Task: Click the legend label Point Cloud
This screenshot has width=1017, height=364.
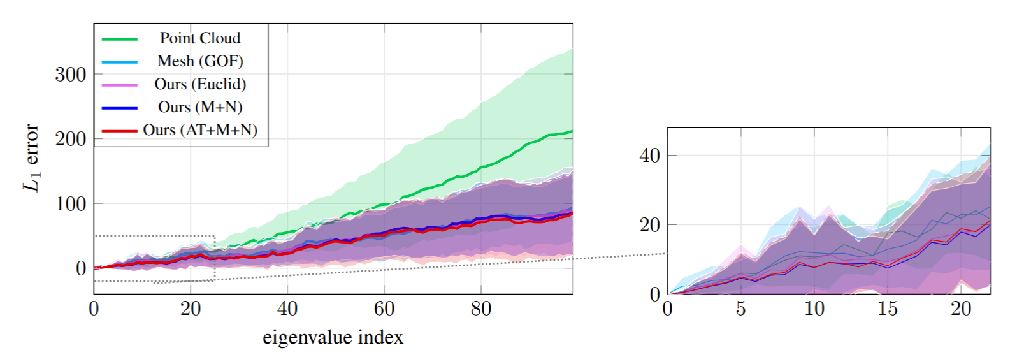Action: (199, 38)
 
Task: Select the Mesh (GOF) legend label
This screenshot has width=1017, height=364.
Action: (200, 61)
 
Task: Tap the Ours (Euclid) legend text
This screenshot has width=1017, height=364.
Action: (200, 84)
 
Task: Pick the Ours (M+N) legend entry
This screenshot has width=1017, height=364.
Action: (200, 107)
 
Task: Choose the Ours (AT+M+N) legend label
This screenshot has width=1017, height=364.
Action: (200, 130)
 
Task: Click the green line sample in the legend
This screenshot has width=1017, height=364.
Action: (120, 39)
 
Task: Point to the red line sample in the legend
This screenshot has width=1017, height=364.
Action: (120, 131)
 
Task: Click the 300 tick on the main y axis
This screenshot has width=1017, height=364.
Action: (71, 75)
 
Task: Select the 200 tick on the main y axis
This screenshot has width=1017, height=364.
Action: (71, 139)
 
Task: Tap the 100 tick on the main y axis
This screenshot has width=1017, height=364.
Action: (71, 204)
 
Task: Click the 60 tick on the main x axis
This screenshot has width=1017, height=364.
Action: (384, 309)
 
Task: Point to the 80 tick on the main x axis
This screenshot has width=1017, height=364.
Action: (480, 309)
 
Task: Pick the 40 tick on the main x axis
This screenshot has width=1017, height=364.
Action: (287, 309)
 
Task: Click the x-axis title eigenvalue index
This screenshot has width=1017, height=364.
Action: (333, 337)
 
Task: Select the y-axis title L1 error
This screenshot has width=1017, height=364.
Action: (31, 157)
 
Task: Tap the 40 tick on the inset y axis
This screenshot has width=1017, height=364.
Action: (649, 156)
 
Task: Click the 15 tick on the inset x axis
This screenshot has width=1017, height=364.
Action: (887, 309)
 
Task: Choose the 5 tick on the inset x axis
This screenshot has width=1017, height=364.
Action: (740, 309)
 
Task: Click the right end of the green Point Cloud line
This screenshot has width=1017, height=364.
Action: (572, 131)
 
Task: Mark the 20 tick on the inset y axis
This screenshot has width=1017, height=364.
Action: (649, 225)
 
